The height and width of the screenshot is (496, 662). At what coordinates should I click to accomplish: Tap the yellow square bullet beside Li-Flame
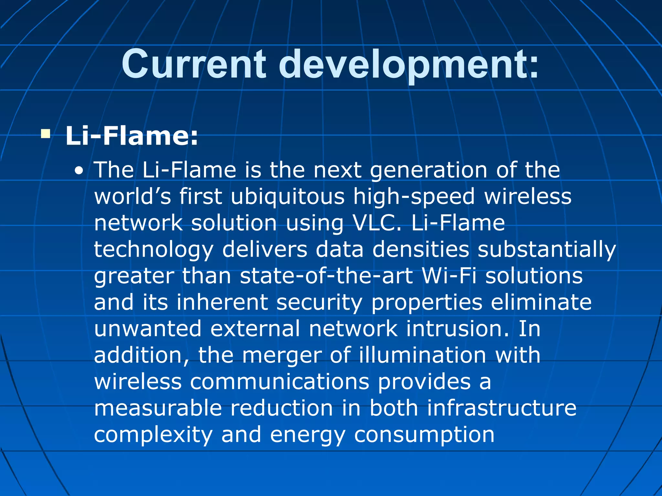coord(46,134)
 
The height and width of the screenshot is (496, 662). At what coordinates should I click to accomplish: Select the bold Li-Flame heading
coord(132,136)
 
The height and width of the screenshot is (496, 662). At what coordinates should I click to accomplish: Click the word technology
coord(154,250)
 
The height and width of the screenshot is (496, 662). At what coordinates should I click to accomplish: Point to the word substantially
coord(547,249)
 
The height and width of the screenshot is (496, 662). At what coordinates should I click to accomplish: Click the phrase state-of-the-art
coord(326,276)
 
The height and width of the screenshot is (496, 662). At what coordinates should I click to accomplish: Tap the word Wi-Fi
coord(449,276)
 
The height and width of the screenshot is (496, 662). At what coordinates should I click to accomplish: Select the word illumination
coord(422,355)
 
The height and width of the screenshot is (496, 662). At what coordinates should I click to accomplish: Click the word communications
coord(280,381)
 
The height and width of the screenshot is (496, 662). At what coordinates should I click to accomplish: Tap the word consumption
coord(424,435)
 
